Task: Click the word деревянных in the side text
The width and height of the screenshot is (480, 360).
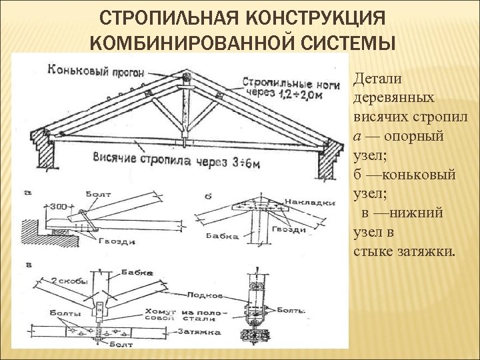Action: click(x=397, y=98)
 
